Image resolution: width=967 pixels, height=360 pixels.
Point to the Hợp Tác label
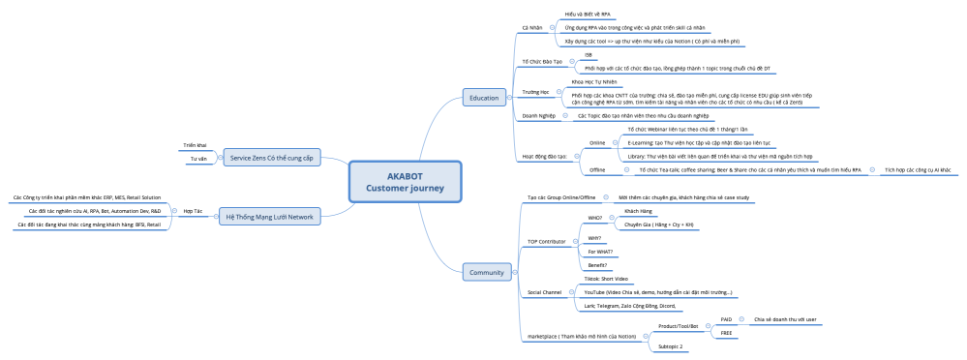click(x=193, y=209)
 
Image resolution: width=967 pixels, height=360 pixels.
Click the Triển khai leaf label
click(x=195, y=145)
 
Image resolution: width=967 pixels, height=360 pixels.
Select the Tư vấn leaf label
click(x=197, y=158)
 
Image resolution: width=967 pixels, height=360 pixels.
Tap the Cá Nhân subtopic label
click(x=531, y=29)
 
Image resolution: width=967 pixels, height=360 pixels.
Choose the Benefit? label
click(x=598, y=264)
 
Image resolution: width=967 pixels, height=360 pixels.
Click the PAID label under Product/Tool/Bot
click(x=726, y=318)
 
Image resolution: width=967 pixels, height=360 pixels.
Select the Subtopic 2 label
click(x=671, y=345)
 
